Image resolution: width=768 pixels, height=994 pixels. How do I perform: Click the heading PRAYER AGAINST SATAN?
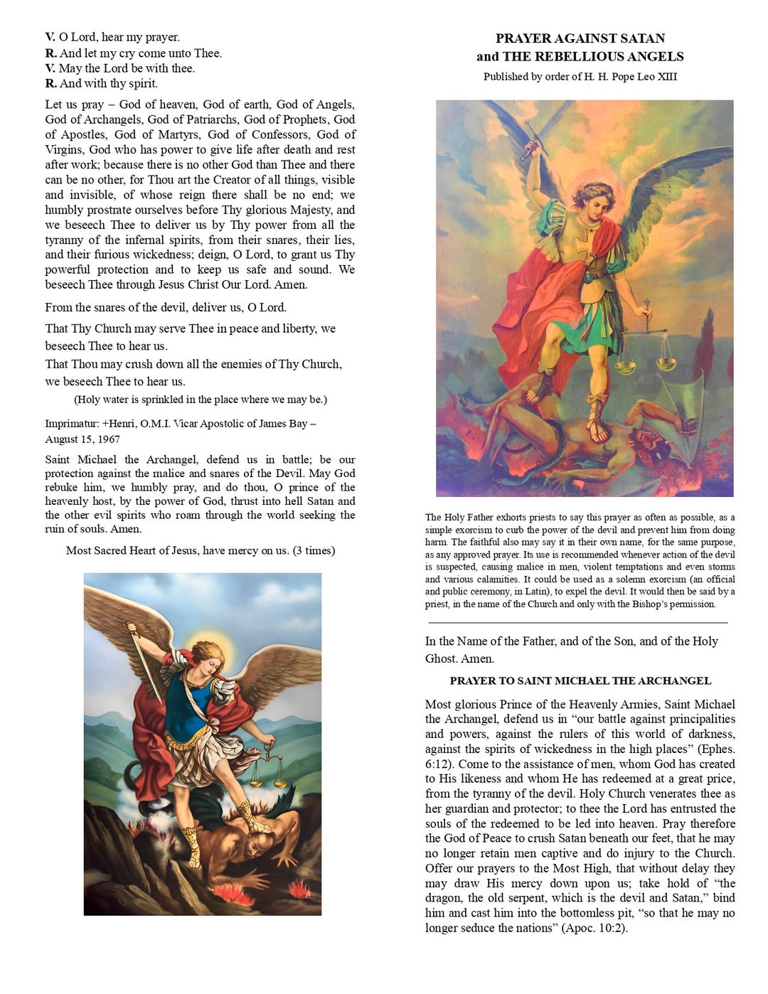point(580,38)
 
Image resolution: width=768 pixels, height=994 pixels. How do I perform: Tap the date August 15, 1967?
point(82,439)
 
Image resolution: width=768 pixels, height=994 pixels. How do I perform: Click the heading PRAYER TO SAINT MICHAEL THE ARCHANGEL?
point(580,681)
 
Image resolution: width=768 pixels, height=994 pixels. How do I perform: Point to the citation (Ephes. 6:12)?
point(580,757)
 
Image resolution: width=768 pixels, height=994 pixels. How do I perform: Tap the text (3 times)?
point(314,551)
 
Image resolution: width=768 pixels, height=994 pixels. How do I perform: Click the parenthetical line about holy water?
point(201,400)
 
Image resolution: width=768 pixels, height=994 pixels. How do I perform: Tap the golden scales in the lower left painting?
point(268,768)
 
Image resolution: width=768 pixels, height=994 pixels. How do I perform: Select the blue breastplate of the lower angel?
point(188,704)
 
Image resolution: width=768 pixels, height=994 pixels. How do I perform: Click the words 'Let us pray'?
point(75,105)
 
